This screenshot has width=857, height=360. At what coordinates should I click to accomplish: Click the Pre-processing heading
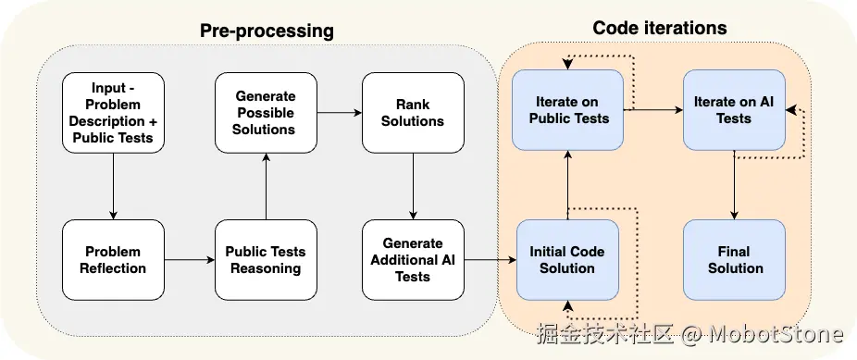coord(267,31)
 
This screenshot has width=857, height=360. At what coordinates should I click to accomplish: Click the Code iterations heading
coord(660,28)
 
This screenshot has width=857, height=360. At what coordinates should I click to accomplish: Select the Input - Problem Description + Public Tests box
coord(113,113)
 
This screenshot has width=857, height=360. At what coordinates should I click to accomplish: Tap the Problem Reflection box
coord(113,260)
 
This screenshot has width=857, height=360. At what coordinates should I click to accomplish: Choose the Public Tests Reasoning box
coord(266,260)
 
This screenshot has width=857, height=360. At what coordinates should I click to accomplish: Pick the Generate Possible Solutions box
coord(266,113)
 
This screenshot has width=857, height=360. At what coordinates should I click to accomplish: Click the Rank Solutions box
coord(413,113)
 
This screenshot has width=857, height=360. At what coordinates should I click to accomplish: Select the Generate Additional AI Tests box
coord(413,260)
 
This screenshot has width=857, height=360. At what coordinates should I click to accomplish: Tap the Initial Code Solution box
coord(567,260)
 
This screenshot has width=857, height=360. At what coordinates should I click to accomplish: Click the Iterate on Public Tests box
coord(567,110)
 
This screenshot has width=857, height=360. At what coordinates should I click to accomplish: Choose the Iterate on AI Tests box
coord(734,110)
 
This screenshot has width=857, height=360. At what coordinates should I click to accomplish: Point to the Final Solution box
coord(734,260)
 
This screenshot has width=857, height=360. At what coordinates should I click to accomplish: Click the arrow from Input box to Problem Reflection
coord(113,186)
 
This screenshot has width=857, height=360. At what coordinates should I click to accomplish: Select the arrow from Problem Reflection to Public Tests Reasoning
coord(190,260)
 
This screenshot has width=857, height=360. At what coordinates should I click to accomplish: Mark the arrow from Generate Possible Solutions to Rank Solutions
coord(340,113)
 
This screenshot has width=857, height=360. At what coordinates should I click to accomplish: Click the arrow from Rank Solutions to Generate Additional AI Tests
coord(413,186)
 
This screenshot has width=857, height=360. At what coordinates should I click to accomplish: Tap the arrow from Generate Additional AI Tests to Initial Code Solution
coord(491,260)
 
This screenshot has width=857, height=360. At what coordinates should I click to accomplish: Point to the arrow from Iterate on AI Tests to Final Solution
coord(734,185)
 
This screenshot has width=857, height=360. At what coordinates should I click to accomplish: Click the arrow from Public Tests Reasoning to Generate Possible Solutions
coord(266,186)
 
